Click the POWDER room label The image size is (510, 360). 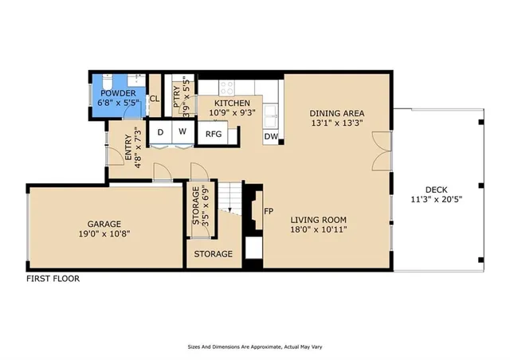coord(119,93)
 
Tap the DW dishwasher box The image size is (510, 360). coord(271,136)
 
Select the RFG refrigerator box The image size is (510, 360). coord(214,134)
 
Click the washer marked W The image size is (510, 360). coord(182,131)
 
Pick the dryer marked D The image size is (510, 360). coord(161,131)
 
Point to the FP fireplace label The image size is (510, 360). coord(270,213)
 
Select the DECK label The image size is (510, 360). coord(436,190)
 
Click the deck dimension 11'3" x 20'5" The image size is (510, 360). coord(436,200)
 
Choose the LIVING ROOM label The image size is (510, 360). coord(319,220)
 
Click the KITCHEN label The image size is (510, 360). coord(230,104)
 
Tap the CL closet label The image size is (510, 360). coord(155,100)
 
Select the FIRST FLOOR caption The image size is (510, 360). coord(53,279)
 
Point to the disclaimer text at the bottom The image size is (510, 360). coord(254,347)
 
